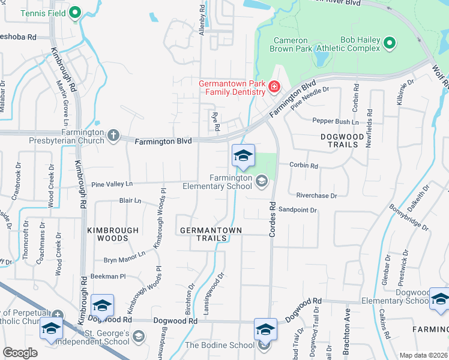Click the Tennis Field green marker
[x=75, y=12]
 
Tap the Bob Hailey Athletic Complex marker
[x=389, y=43]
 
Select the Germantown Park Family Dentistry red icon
[x=274, y=88]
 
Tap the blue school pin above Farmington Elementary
[x=243, y=156]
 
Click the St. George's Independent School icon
[x=139, y=335]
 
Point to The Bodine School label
[x=219, y=345]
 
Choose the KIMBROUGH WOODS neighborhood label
[x=113, y=234]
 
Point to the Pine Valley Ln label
[x=112, y=184]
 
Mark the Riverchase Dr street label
[x=317, y=196]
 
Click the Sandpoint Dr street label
[x=298, y=211]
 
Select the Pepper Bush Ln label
[x=335, y=121]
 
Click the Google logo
[x=20, y=353]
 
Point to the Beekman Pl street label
[x=108, y=277]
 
